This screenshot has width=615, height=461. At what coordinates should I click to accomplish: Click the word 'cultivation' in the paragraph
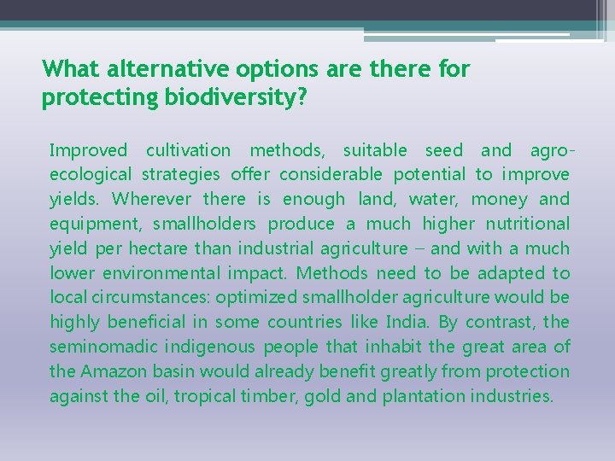pyautogui.click(x=188, y=151)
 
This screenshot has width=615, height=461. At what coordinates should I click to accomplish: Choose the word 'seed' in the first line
pyautogui.click(x=443, y=151)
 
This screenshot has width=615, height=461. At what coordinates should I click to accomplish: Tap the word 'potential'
pyautogui.click(x=430, y=175)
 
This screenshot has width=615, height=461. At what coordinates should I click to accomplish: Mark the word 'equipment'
pyautogui.click(x=95, y=225)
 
